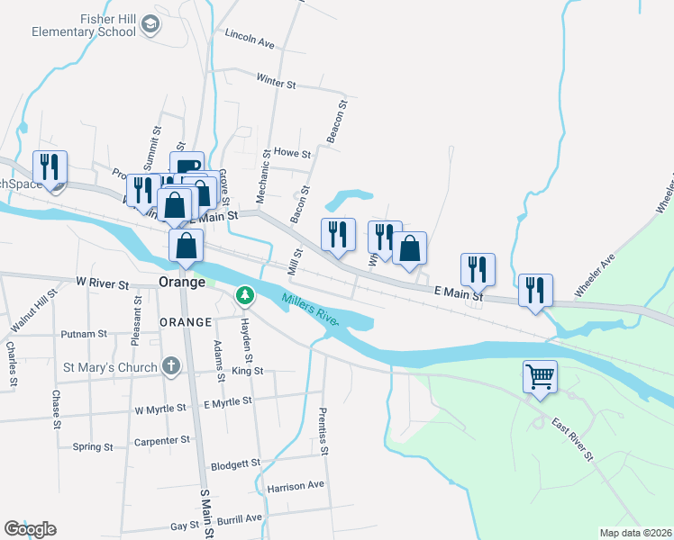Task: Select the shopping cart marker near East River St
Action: (540, 376)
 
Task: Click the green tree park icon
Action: (244, 294)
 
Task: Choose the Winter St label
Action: (276, 83)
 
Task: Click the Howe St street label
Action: (292, 153)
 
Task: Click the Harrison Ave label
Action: (296, 486)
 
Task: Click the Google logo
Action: (30, 529)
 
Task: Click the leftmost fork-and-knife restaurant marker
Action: (49, 166)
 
